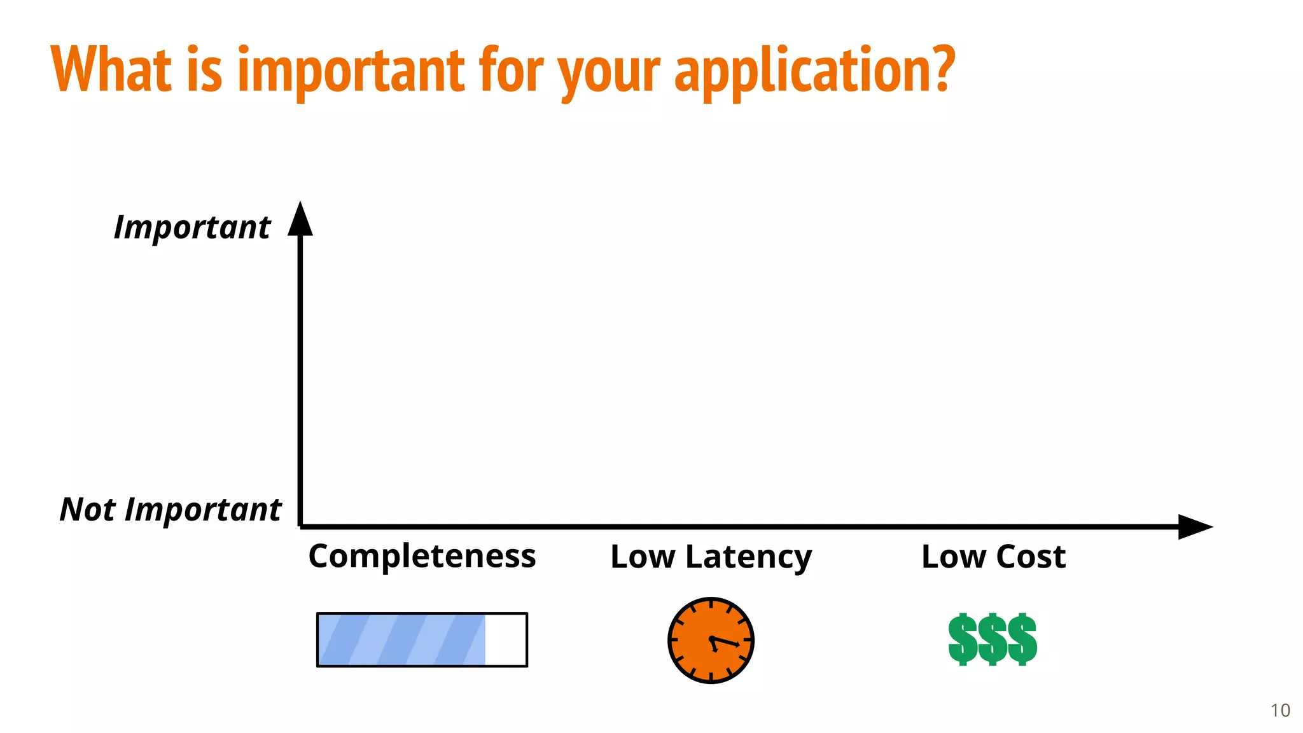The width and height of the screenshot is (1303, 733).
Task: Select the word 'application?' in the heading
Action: [814, 70]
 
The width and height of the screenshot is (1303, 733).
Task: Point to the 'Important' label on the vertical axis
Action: [192, 227]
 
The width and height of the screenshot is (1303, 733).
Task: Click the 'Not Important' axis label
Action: [171, 510]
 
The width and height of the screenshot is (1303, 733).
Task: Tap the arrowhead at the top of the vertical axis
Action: [300, 220]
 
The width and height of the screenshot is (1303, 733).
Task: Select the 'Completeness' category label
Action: [422, 556]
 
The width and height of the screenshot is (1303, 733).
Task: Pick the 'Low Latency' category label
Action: [711, 557]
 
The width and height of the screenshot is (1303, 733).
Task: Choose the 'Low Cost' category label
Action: [993, 557]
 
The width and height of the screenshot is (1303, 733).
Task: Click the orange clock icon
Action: [711, 640]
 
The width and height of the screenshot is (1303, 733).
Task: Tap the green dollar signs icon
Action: [993, 639]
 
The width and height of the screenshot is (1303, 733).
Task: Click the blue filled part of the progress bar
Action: [401, 640]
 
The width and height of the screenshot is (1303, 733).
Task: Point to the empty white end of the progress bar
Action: [506, 640]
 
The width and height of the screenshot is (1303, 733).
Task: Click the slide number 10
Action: [1280, 710]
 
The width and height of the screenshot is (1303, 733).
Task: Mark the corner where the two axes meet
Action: [300, 527]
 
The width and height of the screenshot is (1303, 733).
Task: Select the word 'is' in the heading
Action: [205, 70]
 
